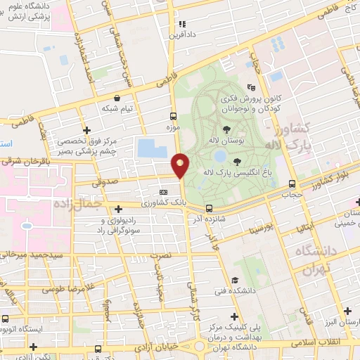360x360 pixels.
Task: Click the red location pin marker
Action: point(181,165)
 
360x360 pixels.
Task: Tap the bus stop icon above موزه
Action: point(174,117)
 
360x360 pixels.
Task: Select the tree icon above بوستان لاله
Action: point(226,129)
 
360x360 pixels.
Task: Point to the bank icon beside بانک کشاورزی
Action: point(164,191)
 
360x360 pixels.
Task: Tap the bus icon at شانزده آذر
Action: point(209,207)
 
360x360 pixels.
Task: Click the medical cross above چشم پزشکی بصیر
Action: point(86,130)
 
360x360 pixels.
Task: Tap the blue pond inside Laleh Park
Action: point(220,155)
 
